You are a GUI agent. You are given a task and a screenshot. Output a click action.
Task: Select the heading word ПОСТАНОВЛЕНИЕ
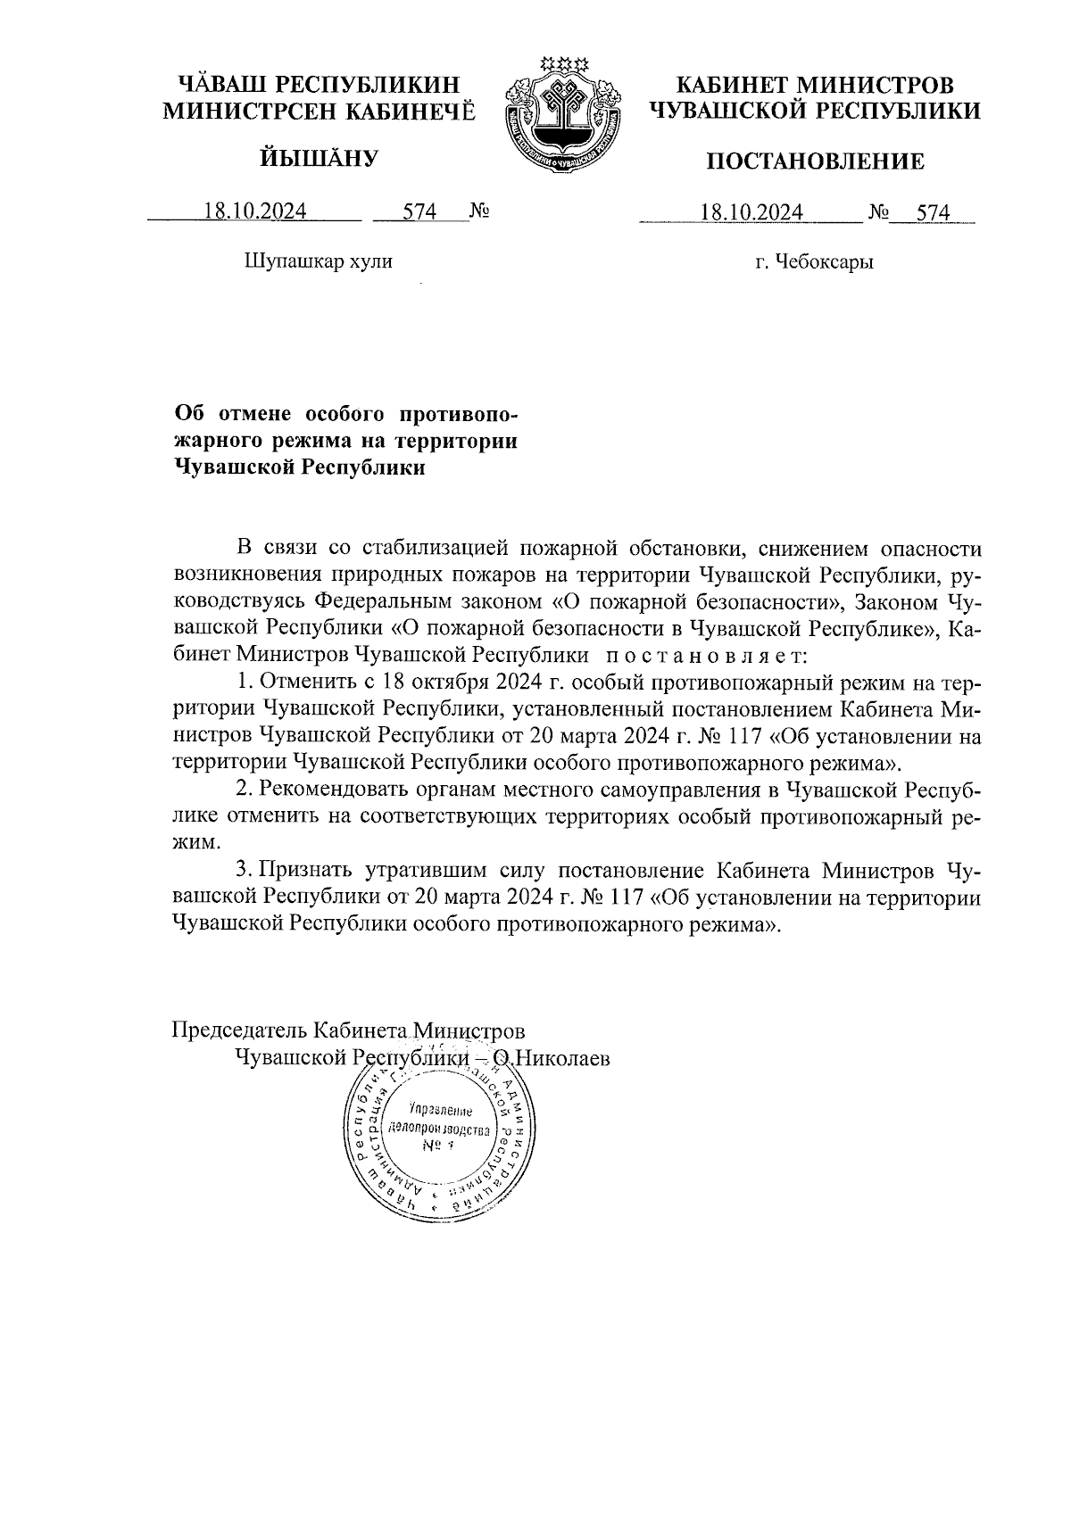click(x=815, y=161)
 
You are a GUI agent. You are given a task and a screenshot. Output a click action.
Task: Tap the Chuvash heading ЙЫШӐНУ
click(x=319, y=159)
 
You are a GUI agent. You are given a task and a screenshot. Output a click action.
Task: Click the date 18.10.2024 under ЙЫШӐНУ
click(x=255, y=211)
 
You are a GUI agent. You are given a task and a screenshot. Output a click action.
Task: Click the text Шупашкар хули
click(x=318, y=261)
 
